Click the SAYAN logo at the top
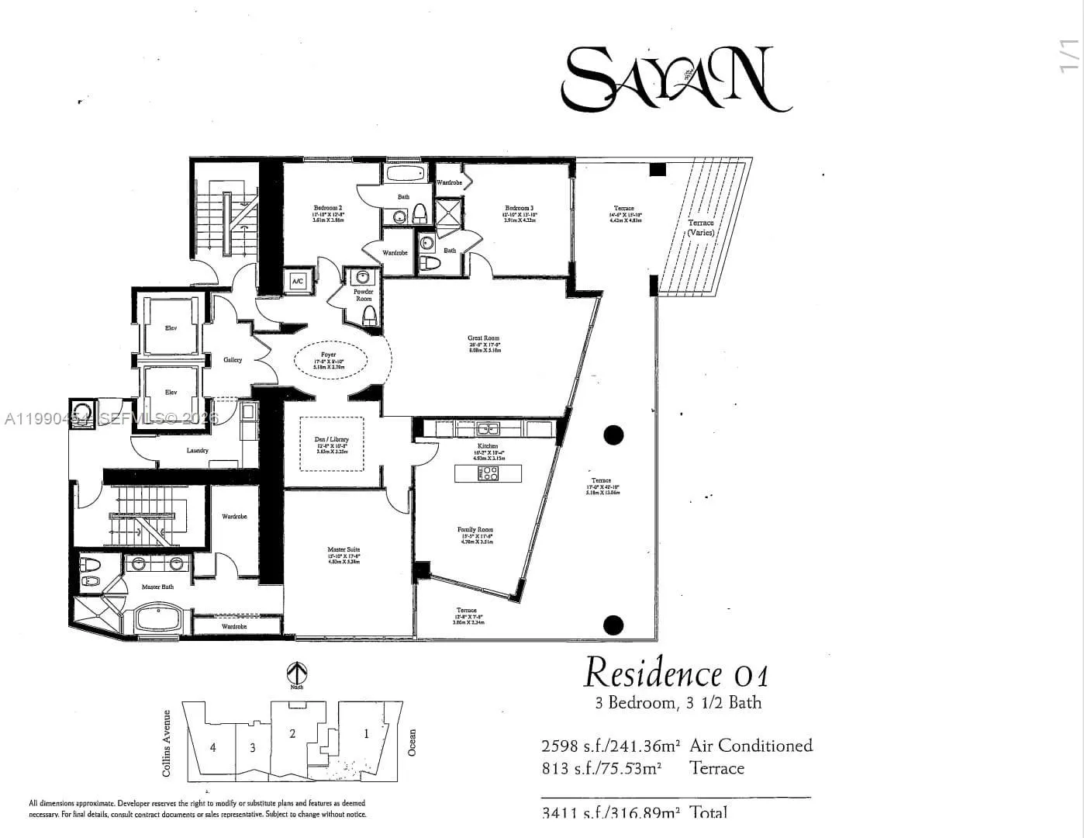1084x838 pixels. (675, 78)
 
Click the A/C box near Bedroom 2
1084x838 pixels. (297, 282)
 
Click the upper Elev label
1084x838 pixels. (171, 328)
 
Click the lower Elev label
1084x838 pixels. (171, 393)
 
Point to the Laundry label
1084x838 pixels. (198, 451)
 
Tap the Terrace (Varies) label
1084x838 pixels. (700, 227)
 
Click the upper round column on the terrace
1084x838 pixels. (613, 435)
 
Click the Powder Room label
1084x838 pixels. (364, 295)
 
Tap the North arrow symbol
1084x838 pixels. (297, 672)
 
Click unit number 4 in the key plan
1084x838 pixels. (212, 747)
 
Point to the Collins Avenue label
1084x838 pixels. (166, 743)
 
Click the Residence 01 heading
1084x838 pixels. (676, 673)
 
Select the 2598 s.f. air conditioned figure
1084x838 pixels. (610, 746)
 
